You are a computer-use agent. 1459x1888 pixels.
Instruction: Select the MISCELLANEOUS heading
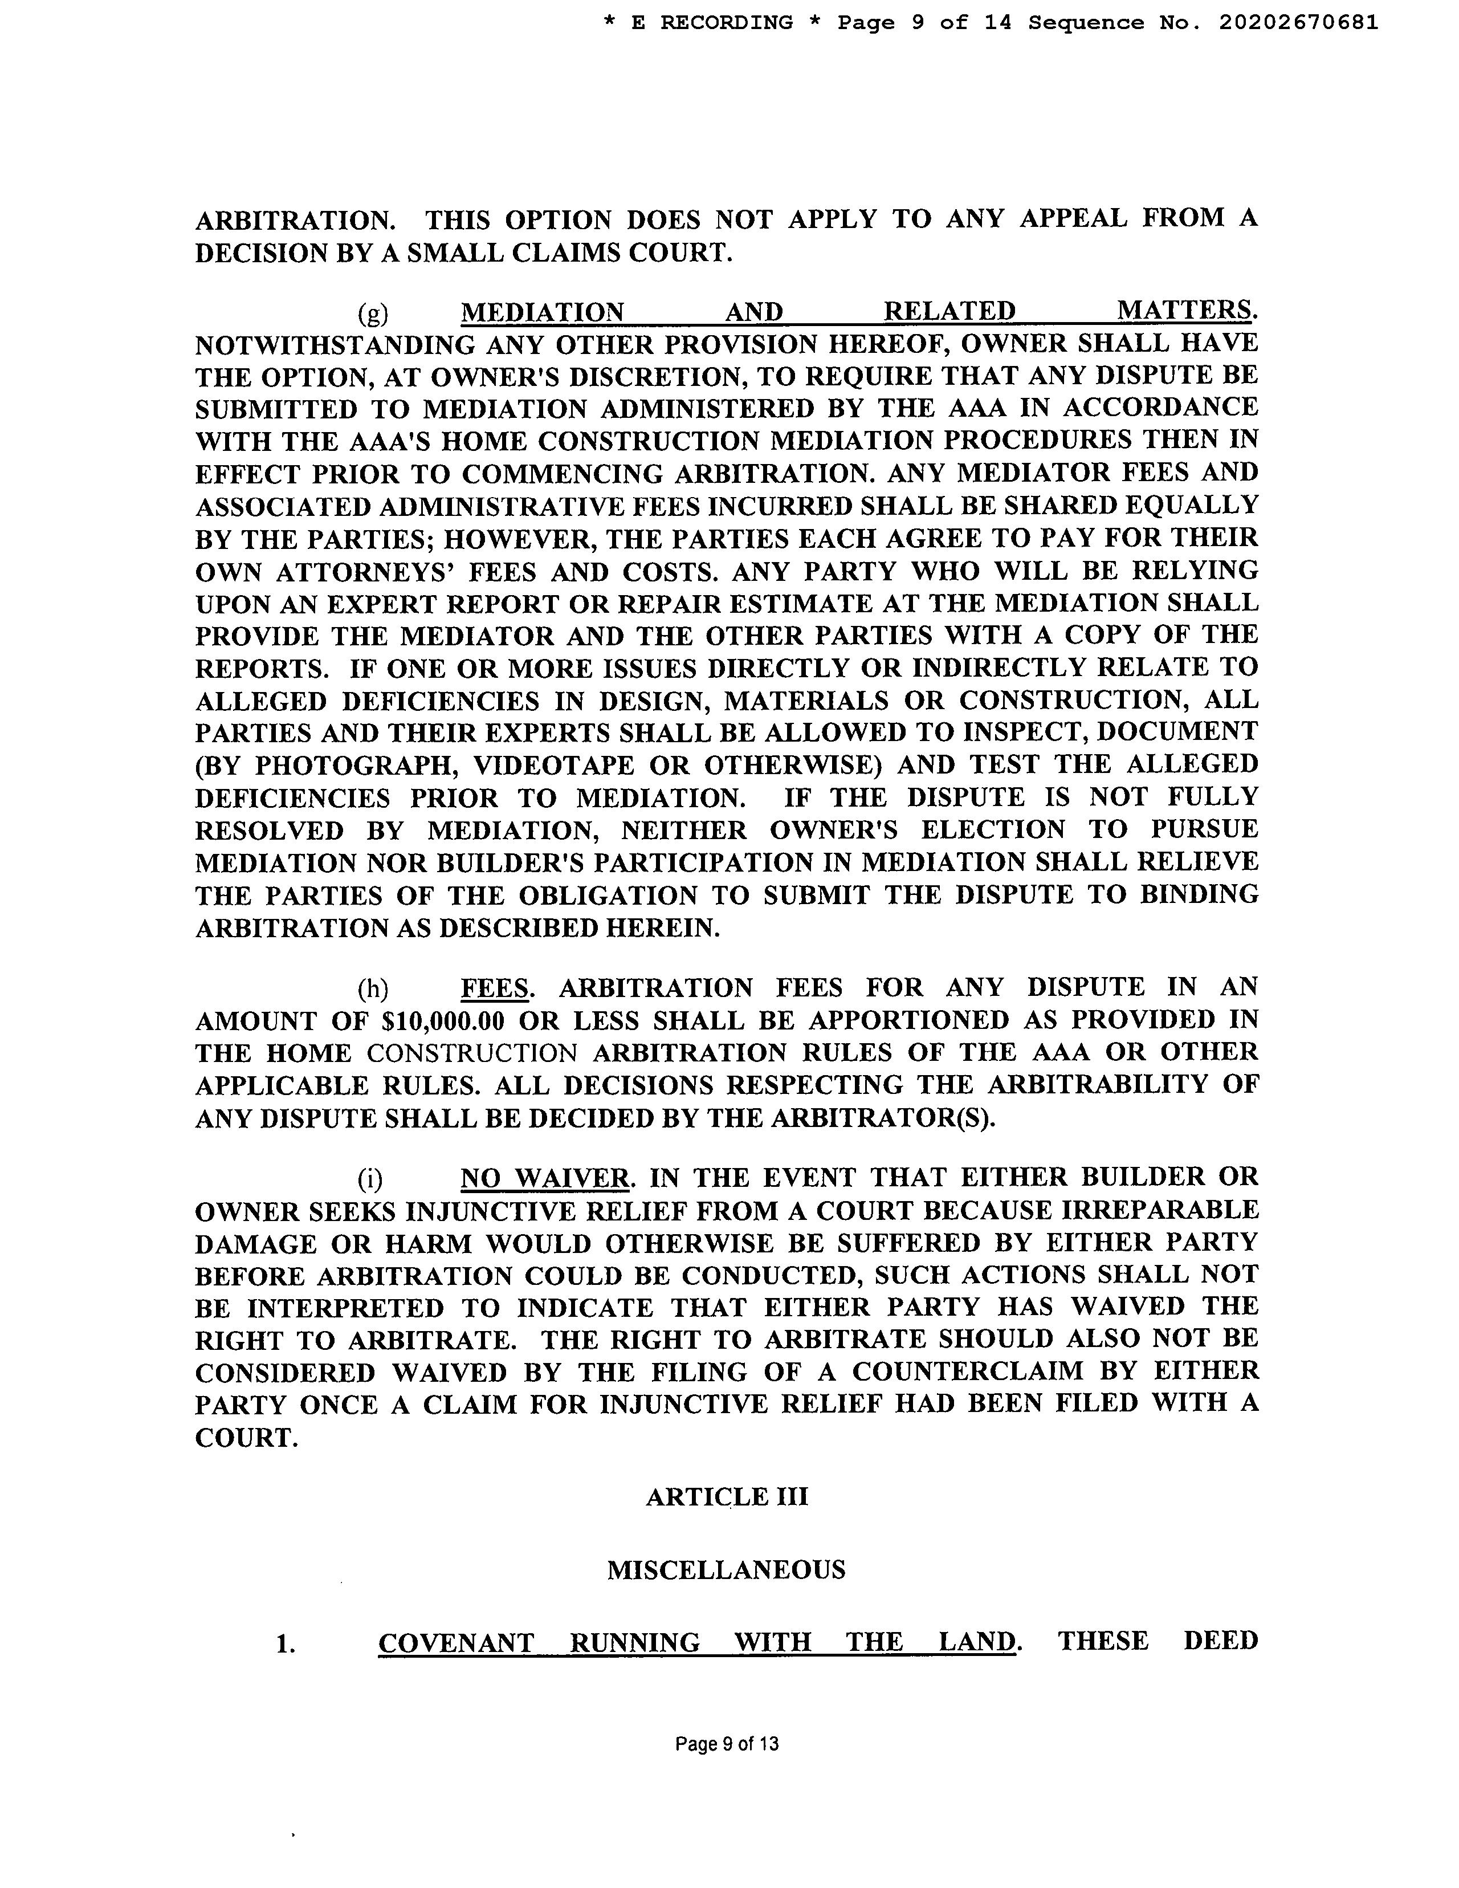pyautogui.click(x=726, y=1569)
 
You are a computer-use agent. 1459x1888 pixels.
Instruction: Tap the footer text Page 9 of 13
pyautogui.click(x=727, y=1744)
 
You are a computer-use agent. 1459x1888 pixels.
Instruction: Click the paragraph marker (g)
pyautogui.click(x=373, y=312)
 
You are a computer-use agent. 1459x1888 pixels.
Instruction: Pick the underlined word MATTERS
pyautogui.click(x=1184, y=311)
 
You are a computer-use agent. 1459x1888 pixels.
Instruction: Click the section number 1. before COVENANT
pyautogui.click(x=286, y=1642)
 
